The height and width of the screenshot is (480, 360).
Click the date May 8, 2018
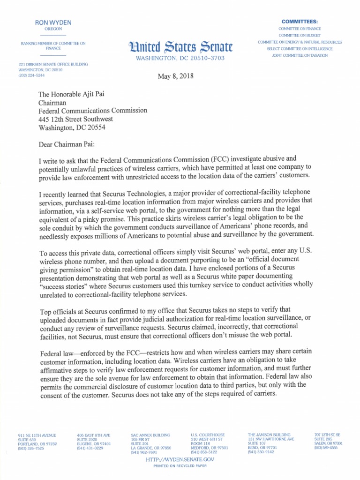(176, 76)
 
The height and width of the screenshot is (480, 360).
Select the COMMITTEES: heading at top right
(299, 22)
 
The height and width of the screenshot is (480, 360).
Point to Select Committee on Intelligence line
(300, 49)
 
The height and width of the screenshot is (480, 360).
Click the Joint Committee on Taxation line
(300, 55)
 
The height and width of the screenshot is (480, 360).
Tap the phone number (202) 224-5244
(31, 75)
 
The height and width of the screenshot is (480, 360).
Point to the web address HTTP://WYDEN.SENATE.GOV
(180, 460)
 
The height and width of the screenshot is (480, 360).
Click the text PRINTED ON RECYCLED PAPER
(180, 466)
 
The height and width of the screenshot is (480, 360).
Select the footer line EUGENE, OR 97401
(94, 443)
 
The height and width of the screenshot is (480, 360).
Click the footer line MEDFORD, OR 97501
(210, 448)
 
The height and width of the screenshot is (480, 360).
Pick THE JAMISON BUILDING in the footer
(269, 435)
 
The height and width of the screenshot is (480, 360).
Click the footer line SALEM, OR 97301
(328, 443)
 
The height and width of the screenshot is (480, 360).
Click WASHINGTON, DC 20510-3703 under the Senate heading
(180, 58)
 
